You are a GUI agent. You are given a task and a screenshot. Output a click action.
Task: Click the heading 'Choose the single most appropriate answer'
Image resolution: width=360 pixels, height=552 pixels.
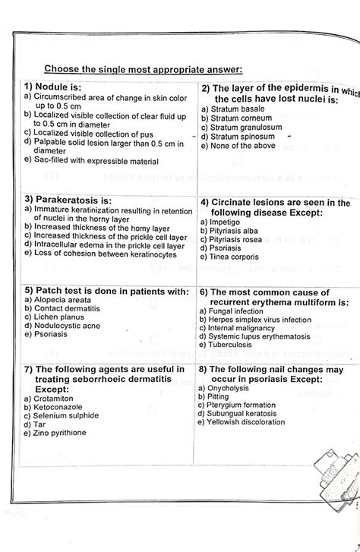pos(143,70)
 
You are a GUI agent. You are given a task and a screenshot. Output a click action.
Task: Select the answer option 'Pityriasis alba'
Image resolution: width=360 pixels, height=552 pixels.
pos(236,230)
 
